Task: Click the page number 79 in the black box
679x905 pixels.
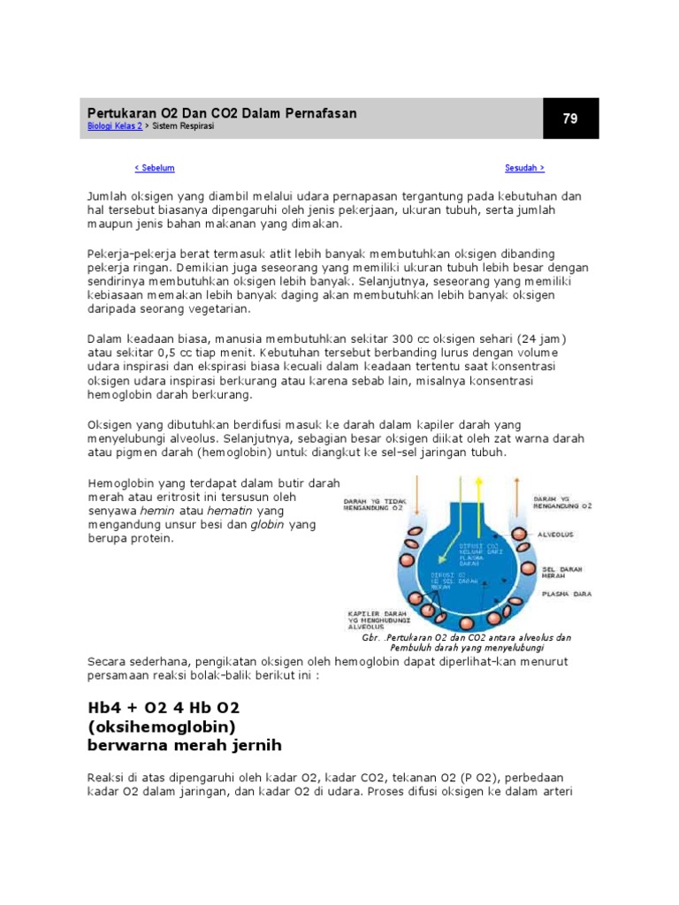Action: pyautogui.click(x=569, y=118)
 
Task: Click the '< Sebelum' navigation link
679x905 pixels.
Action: pyautogui.click(x=154, y=168)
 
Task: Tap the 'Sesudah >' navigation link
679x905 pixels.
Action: pyautogui.click(x=524, y=168)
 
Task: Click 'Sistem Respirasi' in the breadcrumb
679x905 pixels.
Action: pyautogui.click(x=183, y=126)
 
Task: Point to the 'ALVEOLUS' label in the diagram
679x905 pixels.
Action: pyautogui.click(x=558, y=535)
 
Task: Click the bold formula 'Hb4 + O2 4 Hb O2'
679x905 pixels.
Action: pyautogui.click(x=164, y=709)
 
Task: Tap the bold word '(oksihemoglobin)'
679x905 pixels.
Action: pyautogui.click(x=161, y=726)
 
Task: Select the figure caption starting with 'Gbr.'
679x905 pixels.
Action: pyautogui.click(x=467, y=642)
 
